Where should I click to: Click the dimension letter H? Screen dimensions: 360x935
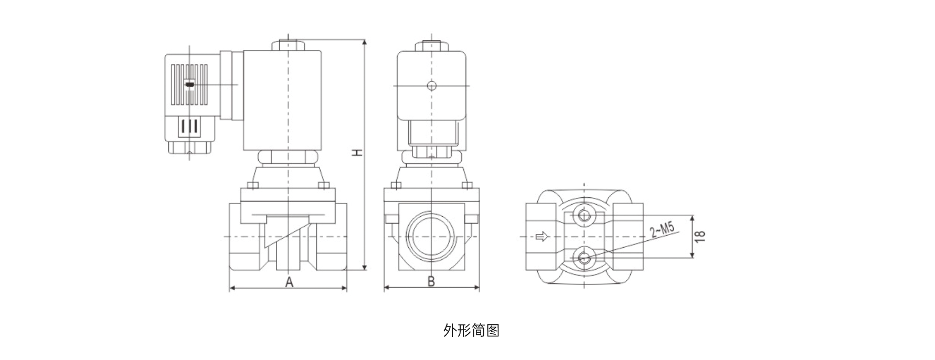[357, 152]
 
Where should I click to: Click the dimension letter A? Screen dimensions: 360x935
[289, 282]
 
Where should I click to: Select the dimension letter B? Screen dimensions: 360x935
[431, 282]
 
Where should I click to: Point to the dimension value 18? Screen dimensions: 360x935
[700, 237]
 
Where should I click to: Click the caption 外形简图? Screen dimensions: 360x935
[471, 331]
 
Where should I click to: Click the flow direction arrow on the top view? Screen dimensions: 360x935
[541, 237]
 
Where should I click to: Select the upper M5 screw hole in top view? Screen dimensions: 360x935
[583, 215]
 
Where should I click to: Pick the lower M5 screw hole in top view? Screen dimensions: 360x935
[583, 257]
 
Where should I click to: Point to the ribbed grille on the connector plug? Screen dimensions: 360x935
[189, 85]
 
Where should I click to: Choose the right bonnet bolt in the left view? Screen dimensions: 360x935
[324, 185]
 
